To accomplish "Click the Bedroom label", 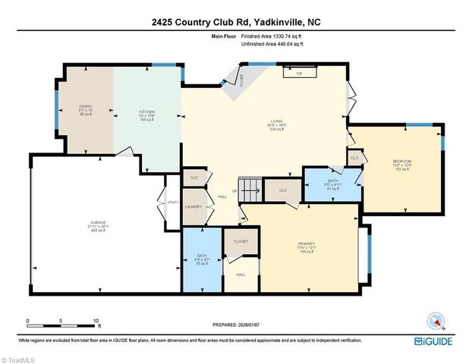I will [401, 161].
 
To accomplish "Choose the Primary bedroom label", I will [306, 244].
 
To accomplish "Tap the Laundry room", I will [193, 207].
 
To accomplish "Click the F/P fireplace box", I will [299, 74].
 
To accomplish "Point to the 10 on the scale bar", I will [95, 321].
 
